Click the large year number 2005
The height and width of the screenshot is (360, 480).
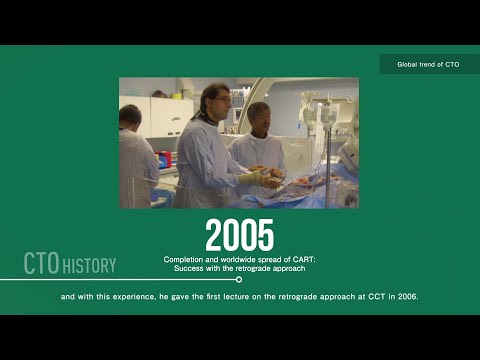239,235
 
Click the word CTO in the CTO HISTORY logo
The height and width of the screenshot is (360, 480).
42,264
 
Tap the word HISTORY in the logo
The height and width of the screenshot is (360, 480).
89,266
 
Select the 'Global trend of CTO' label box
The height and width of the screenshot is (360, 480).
428,64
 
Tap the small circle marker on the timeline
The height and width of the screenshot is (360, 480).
238,280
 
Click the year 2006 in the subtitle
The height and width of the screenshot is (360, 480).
407,297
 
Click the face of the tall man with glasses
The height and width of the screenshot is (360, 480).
218,101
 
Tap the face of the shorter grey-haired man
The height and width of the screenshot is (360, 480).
258,117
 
